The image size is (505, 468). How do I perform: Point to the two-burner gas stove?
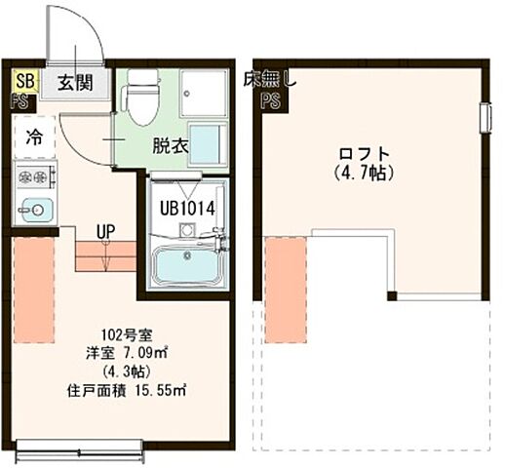tap(35, 177)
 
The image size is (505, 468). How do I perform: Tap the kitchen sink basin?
tap(36, 209)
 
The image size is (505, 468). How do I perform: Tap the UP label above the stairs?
tap(106, 232)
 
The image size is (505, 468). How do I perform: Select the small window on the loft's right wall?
tap(485, 117)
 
